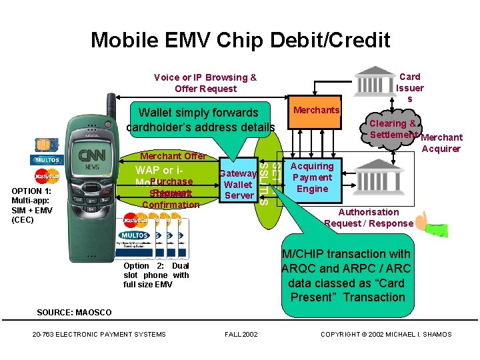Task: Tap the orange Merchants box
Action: point(316,110)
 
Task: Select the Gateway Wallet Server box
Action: point(238,184)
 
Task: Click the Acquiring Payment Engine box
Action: point(312,178)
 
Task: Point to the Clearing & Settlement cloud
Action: point(393,129)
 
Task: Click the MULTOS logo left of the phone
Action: point(47,161)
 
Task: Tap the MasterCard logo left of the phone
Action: point(47,177)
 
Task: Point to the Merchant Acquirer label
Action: point(441,143)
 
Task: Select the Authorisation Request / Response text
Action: point(369,218)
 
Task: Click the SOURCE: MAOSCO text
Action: point(75,313)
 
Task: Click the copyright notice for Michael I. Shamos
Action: point(386,334)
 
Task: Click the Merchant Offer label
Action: point(173,155)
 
